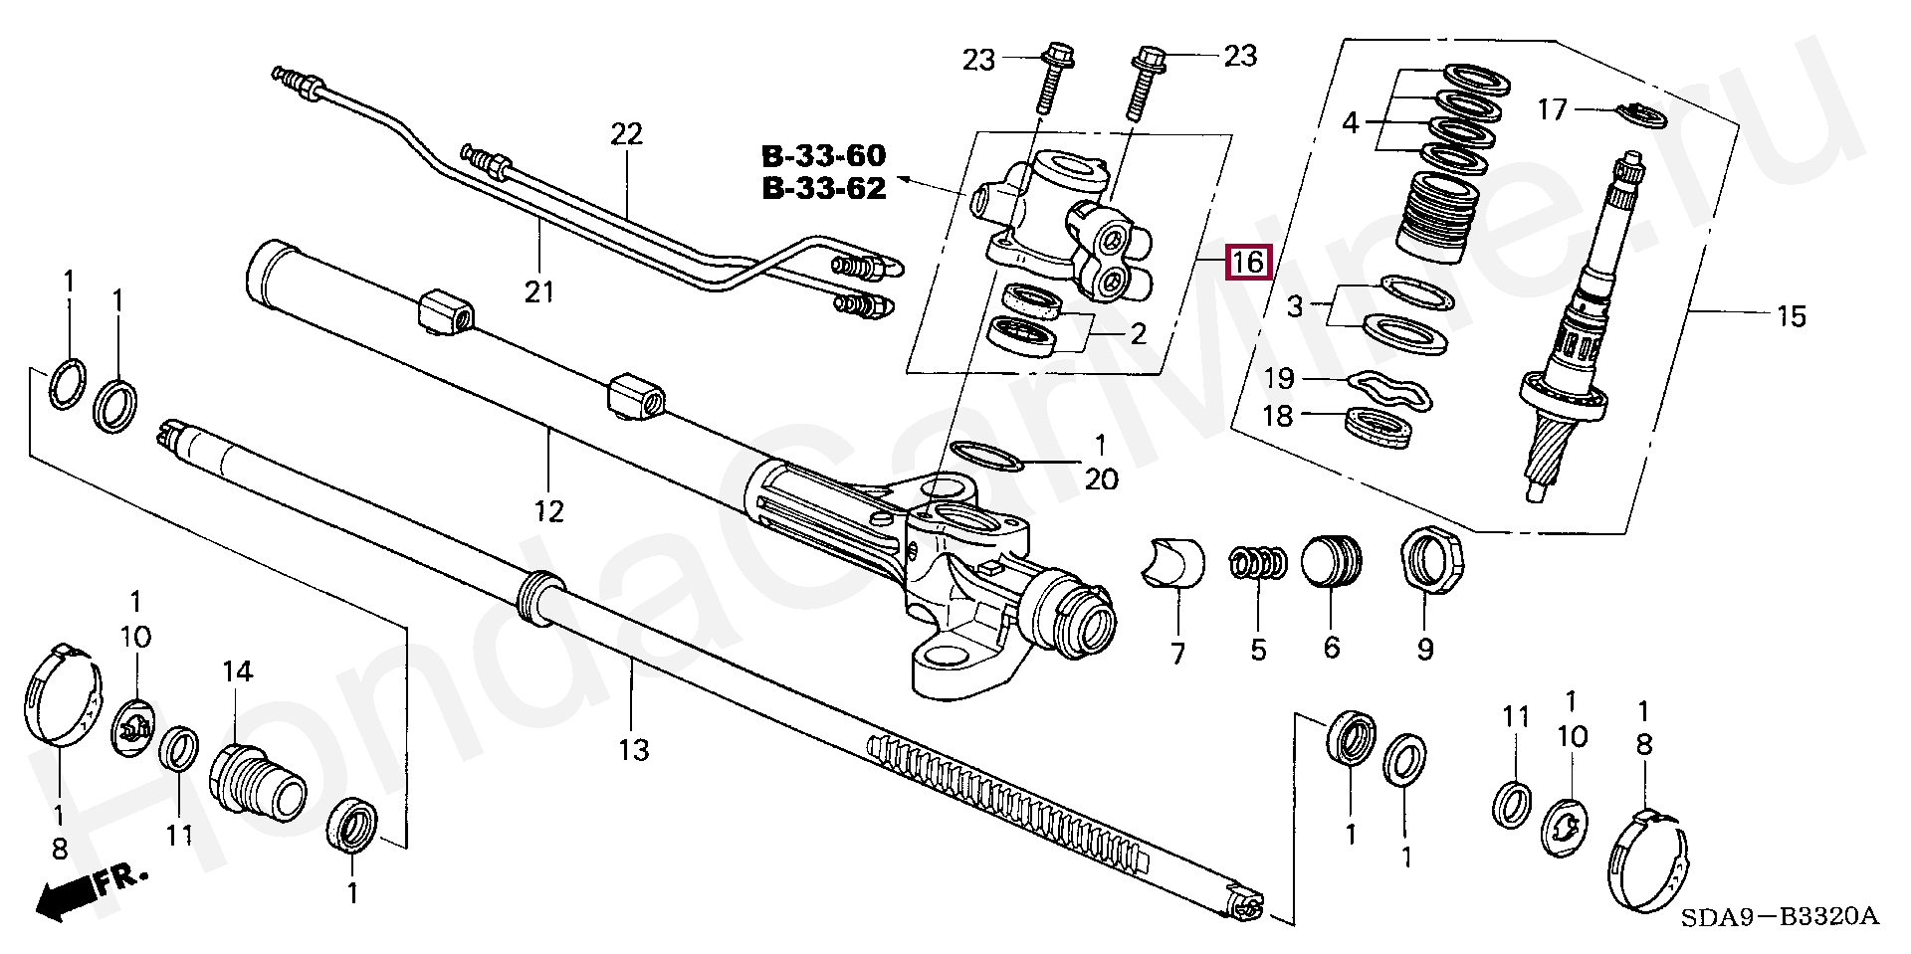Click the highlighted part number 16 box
pyautogui.click(x=1248, y=263)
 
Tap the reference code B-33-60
pyautogui.click(x=823, y=156)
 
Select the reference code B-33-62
pyautogui.click(x=823, y=189)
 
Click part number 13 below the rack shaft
pyautogui.click(x=633, y=749)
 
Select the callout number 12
pyautogui.click(x=548, y=510)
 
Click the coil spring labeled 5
pyautogui.click(x=1259, y=563)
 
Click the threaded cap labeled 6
pyautogui.click(x=1332, y=564)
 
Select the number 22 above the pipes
pyautogui.click(x=627, y=133)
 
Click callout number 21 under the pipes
pyautogui.click(x=538, y=292)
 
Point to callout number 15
pyautogui.click(x=1791, y=316)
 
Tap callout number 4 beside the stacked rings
pyautogui.click(x=1351, y=123)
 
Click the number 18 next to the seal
pyautogui.click(x=1278, y=416)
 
